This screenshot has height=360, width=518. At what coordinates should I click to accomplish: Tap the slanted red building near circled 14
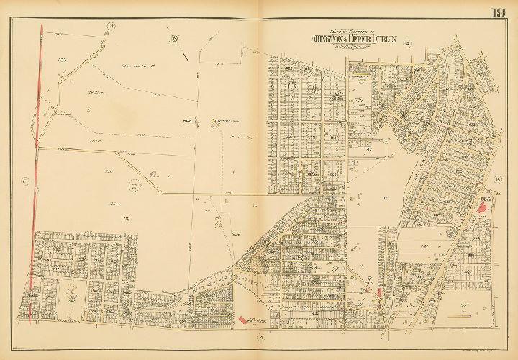coord(242,318)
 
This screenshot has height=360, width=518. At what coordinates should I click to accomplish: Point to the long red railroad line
coord(35,180)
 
